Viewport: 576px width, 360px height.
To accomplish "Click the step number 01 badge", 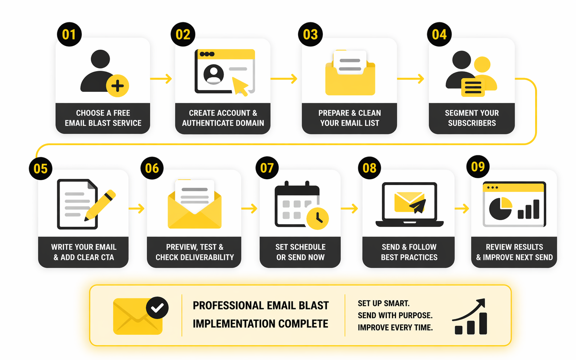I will click(x=69, y=34).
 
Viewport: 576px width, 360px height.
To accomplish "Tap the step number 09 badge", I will click(x=478, y=167).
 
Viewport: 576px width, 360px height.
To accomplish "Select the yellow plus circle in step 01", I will click(x=117, y=86).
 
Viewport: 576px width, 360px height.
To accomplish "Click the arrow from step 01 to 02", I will click(x=161, y=78).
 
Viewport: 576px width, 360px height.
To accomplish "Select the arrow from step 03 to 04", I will click(x=410, y=78).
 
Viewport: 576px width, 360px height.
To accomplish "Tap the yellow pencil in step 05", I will click(x=101, y=205).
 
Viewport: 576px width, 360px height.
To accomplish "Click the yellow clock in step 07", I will click(x=317, y=218).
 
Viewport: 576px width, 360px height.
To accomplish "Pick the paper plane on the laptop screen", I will click(x=418, y=206).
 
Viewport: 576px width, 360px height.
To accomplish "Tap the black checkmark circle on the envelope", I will click(x=157, y=308).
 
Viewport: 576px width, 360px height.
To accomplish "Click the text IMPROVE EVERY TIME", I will click(x=395, y=327).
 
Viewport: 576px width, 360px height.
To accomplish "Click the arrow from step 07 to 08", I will click(x=349, y=208).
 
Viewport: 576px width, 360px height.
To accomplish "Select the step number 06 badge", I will click(x=152, y=168).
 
